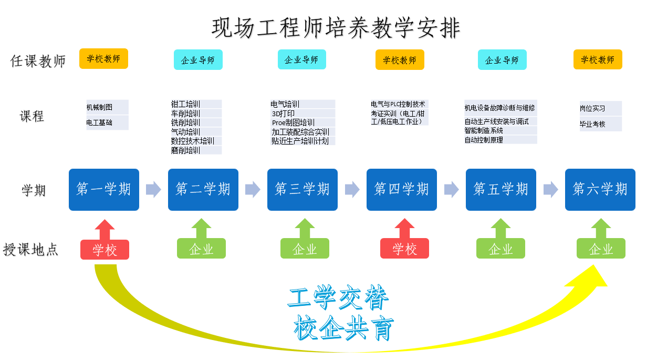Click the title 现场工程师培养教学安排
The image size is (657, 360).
coord(336,28)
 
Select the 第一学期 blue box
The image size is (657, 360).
coord(104,189)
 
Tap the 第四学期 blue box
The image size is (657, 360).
coord(402,189)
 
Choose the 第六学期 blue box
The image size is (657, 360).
coord(600,189)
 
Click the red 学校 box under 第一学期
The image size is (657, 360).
coord(105,249)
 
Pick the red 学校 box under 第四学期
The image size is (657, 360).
coord(404,249)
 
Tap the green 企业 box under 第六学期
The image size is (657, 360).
coord(601,249)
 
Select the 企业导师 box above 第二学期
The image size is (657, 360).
coord(198,60)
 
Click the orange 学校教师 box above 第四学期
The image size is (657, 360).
coord(400,60)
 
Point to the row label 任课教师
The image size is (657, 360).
coord(38,61)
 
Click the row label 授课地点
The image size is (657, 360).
coord(31,249)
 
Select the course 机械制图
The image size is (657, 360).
coord(100,107)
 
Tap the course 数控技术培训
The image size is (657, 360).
coord(193,141)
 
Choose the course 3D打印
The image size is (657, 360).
coord(283,114)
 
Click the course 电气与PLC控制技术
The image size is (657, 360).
coord(398,104)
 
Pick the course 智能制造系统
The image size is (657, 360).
coord(484,130)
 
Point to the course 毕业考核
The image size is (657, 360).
coord(592,125)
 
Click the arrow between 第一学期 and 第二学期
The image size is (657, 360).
coord(153,189)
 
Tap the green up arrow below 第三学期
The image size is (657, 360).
coord(305,228)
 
